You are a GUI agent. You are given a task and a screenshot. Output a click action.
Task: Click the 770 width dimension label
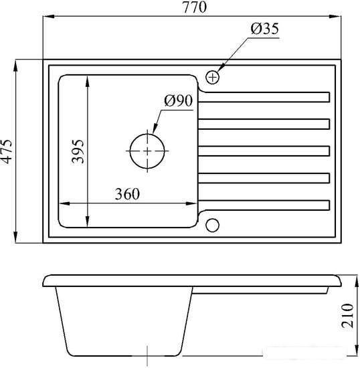[195, 7]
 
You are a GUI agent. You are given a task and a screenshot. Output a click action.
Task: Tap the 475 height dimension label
[6, 151]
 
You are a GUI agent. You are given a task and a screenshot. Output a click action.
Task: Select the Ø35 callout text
[265, 29]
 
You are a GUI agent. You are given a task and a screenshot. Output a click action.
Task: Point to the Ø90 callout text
[179, 100]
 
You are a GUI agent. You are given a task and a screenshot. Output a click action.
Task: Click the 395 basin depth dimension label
[78, 151]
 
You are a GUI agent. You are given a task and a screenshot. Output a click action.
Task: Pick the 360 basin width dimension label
[127, 194]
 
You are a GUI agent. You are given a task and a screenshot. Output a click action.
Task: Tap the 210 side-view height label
[347, 315]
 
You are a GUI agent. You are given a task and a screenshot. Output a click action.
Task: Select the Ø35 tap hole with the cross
[212, 77]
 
